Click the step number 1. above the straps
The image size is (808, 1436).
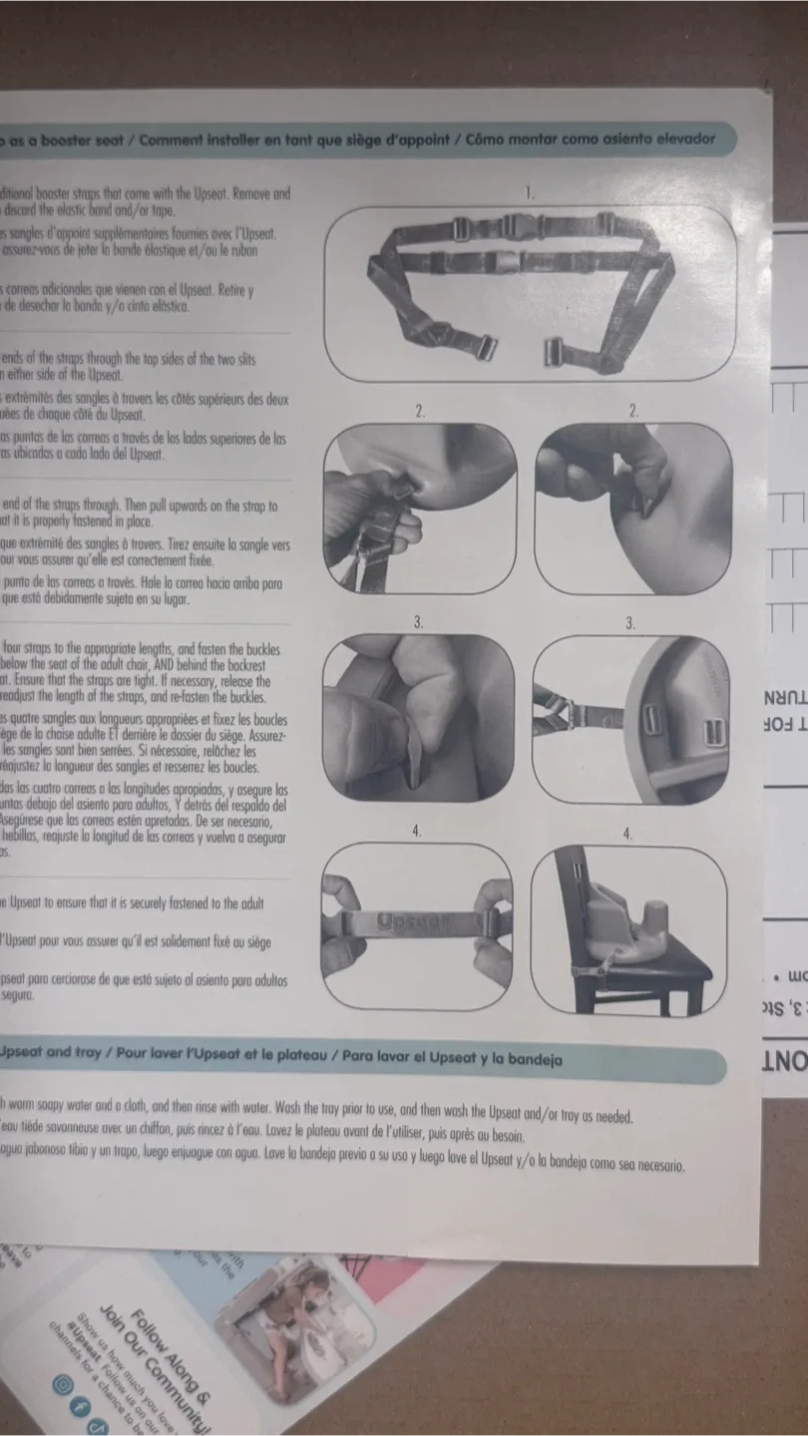[x=531, y=192]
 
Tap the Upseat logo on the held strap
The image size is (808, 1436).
[x=413, y=922]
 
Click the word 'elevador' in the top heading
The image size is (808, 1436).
[x=680, y=140]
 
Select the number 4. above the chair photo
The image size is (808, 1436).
[x=628, y=834]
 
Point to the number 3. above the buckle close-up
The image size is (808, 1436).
[x=630, y=623]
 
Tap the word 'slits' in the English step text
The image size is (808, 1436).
[x=269, y=359]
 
